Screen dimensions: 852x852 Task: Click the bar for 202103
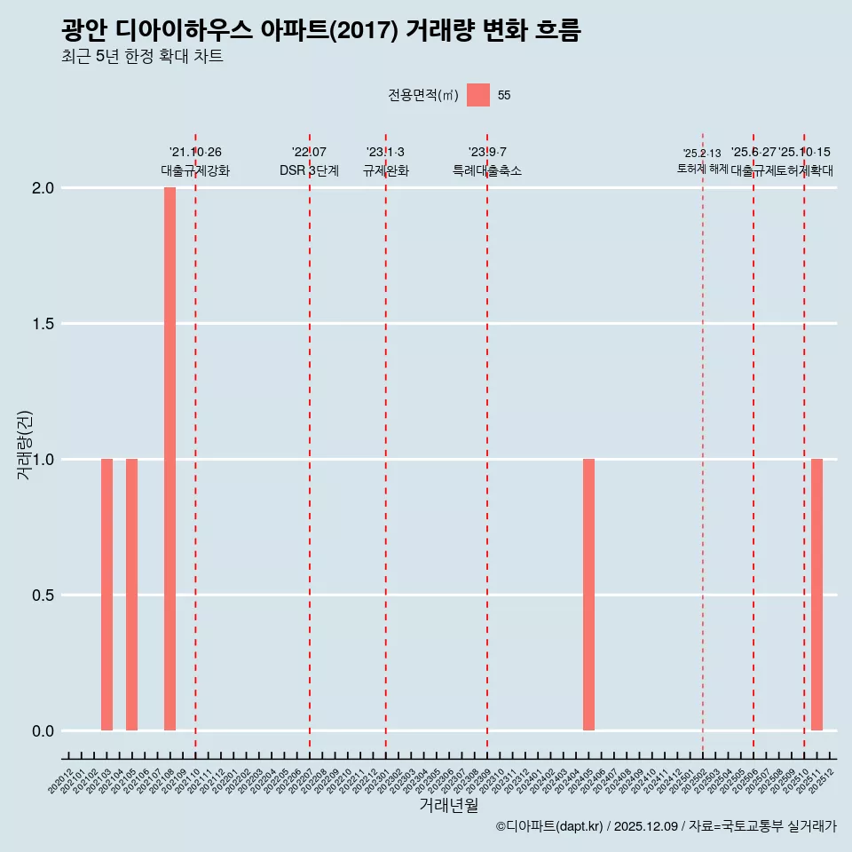pos(106,595)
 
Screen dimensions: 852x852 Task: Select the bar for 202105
pos(131,595)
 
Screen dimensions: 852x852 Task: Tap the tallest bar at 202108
pos(170,459)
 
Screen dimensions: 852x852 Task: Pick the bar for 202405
pos(588,595)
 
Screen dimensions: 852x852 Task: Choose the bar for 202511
pos(816,595)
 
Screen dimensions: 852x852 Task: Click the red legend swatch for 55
pos(478,95)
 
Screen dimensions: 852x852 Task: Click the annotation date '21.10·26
pos(195,153)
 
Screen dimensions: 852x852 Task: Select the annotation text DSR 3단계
pos(309,170)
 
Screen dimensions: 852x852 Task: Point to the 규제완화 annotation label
pos(385,170)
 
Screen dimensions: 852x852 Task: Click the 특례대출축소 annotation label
pos(487,170)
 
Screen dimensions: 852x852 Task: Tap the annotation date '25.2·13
pos(702,154)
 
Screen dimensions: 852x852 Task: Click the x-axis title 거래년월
pos(448,806)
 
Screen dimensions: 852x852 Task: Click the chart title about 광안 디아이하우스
pos(320,31)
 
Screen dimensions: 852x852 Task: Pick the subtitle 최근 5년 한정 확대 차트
pos(142,57)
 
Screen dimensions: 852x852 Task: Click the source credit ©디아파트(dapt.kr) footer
pos(666,826)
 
